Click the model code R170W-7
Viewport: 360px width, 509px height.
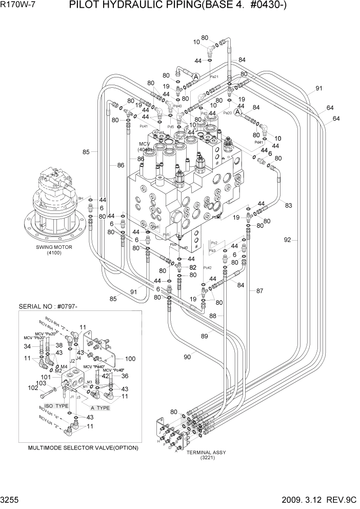tap(19, 7)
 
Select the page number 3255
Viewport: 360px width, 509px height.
tap(12, 501)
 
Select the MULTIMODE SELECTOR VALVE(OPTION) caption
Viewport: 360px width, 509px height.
tap(83, 448)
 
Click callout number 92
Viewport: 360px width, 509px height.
tap(288, 240)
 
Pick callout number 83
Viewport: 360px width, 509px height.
tap(289, 205)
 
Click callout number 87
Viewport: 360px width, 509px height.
tap(259, 291)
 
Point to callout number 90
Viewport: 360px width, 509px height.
tap(187, 357)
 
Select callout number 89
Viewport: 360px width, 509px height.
tap(204, 336)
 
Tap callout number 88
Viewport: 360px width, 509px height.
tap(212, 316)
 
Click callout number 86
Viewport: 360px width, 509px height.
tap(121, 165)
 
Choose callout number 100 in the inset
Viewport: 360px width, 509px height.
tap(130, 359)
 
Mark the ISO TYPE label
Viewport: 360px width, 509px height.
tap(55, 406)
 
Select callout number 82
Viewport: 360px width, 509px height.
tap(193, 267)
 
